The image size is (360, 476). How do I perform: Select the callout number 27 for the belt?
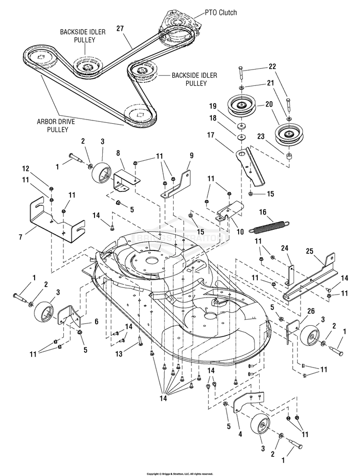[x=120, y=29]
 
